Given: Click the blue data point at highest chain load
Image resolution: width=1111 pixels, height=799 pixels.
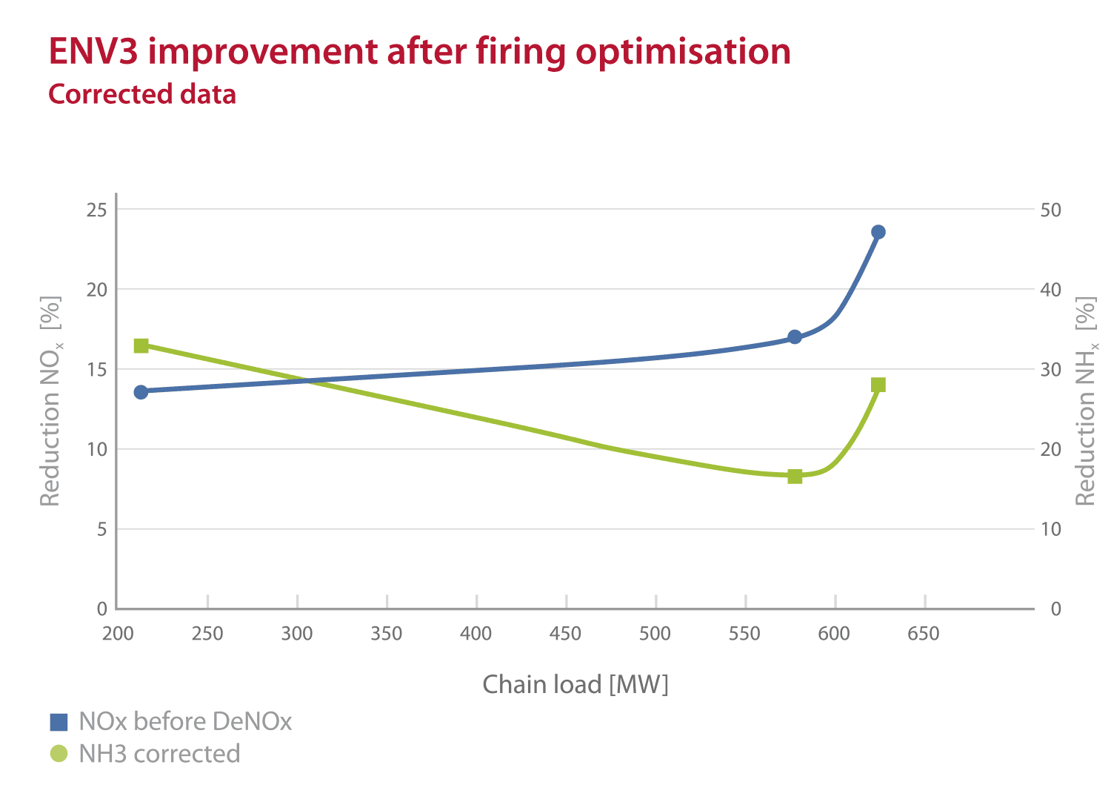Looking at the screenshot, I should point(878,232).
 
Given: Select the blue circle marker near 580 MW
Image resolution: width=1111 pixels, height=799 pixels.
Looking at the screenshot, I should point(795,336).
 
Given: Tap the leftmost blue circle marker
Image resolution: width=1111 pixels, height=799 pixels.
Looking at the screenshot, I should point(141,391).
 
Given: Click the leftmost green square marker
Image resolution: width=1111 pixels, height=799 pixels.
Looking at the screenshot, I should point(141,345).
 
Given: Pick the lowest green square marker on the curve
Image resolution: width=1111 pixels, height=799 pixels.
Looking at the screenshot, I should point(795,476).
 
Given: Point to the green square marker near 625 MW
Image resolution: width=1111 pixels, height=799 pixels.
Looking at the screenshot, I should point(878,385).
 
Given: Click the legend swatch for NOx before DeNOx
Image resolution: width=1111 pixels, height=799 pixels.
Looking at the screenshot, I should point(59,722).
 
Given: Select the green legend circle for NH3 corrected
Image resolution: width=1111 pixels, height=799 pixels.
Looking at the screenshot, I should point(59,754).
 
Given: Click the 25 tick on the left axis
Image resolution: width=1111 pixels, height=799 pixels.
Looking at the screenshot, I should point(97,210).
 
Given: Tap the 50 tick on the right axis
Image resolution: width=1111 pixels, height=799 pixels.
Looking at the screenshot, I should point(1050,210).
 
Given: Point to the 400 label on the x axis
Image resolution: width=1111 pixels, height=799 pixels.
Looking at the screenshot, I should point(476,634).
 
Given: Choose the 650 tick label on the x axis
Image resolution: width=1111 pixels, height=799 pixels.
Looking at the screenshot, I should point(924,634).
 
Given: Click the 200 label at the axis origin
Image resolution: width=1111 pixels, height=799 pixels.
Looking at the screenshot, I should point(118,634).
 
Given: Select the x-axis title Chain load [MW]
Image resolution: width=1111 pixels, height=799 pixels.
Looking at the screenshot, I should point(575,684).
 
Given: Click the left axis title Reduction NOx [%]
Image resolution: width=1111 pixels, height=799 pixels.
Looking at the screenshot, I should point(50,401).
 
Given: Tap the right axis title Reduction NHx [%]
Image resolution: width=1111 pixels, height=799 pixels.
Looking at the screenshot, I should point(1085,401).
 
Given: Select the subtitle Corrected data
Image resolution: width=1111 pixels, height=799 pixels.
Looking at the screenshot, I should point(142,94).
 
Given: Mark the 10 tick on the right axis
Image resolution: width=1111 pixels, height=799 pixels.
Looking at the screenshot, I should point(1050,529).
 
